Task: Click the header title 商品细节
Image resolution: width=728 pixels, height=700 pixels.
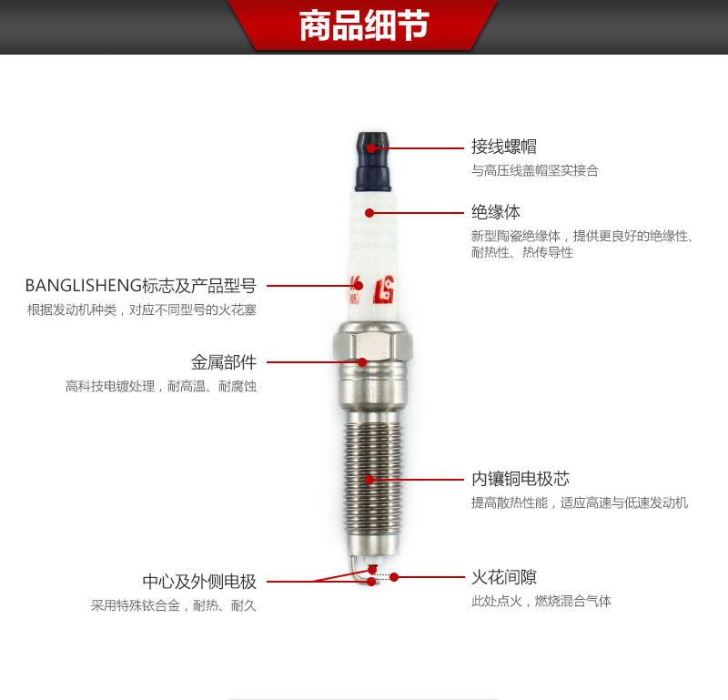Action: (364, 25)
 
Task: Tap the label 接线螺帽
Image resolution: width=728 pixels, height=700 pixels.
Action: (504, 147)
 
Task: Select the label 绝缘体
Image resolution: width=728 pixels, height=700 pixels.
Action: (496, 212)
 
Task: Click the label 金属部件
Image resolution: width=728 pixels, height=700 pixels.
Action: (224, 362)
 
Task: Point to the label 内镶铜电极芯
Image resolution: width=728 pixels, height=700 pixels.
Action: (521, 479)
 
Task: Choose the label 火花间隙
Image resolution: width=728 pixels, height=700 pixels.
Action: (504, 577)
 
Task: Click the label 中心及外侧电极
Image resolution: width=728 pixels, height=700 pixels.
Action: (199, 582)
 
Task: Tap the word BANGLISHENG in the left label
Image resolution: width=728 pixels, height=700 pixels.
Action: (84, 286)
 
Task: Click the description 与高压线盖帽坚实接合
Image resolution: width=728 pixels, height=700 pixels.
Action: (535, 170)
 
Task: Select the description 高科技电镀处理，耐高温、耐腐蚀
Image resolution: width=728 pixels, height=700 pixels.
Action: (161, 387)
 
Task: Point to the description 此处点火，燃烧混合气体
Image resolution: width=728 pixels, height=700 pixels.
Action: (541, 601)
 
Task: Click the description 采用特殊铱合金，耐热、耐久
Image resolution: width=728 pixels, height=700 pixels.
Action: (174, 605)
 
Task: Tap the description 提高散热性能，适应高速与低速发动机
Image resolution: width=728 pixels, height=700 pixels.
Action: (580, 502)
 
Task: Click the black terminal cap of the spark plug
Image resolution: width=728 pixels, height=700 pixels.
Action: (373, 162)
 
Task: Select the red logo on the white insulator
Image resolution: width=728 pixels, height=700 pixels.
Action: (384, 289)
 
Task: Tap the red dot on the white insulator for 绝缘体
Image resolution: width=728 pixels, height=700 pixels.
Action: (369, 213)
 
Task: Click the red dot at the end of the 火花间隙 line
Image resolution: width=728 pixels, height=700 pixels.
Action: (394, 577)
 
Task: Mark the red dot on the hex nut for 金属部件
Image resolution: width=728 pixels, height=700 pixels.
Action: (362, 362)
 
